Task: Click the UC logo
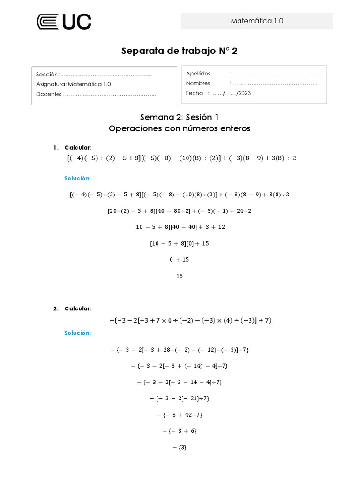tap(64, 22)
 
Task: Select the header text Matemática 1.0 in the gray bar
tap(257, 21)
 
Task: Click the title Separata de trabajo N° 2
tap(180, 51)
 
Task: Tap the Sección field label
tap(47, 75)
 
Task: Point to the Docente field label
tap(48, 94)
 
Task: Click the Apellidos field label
tap(198, 74)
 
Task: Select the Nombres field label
tap(198, 83)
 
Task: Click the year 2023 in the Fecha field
tap(244, 93)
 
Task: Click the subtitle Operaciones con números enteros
tap(180, 128)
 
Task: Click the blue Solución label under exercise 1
tap(77, 179)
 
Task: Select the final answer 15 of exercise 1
tap(180, 276)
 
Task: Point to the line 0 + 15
tap(180, 260)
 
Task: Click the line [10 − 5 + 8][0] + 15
tap(180, 243)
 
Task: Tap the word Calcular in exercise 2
tap(78, 308)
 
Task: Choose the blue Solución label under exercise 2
tap(77, 333)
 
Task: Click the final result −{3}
tap(180, 447)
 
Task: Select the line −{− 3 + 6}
tap(180, 431)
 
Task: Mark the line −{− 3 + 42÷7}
tap(180, 414)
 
